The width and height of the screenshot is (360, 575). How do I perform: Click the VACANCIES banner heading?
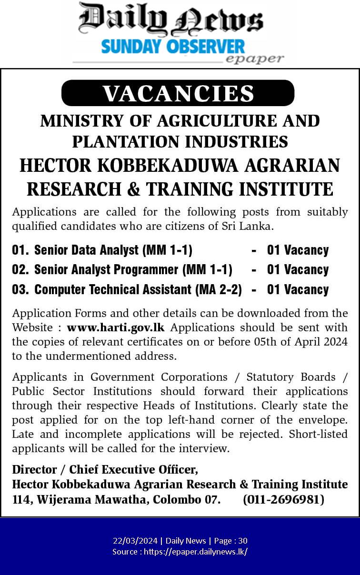[178, 93]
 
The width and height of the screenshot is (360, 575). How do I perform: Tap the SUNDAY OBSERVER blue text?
[173, 47]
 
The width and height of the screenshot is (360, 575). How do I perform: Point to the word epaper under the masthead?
[254, 59]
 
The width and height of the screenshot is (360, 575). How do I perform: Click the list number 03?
[20, 289]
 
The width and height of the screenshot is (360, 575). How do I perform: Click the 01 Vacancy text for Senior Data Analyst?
[298, 250]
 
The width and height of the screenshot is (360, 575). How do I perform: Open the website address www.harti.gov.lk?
[117, 327]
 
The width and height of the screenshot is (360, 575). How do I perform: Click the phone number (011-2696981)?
[283, 499]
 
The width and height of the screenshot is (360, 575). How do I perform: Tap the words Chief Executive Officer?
[133, 469]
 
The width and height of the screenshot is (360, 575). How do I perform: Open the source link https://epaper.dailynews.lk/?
[195, 552]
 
